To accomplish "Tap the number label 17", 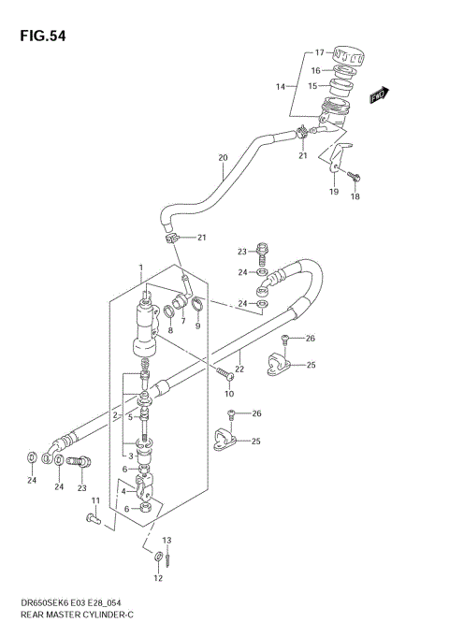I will tap(318, 52).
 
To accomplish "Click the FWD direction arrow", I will tap(379, 94).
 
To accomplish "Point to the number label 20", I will tap(223, 157).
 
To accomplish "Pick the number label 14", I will tap(279, 86).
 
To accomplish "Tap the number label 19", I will tap(333, 192).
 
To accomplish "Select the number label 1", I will tap(141, 267).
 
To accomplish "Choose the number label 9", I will tap(196, 326).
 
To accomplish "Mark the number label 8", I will tap(170, 329).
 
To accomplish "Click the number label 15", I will tap(313, 86).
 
